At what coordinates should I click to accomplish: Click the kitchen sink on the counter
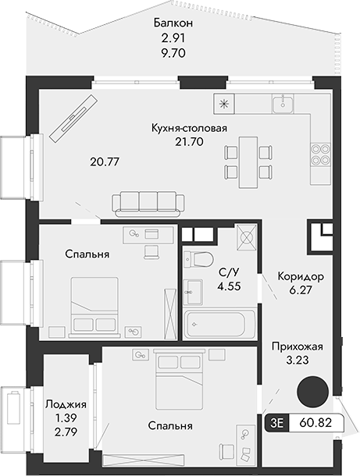pos(282,103)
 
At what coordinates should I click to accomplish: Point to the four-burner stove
pos(319,154)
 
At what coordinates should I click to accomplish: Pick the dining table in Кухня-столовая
pos(247,162)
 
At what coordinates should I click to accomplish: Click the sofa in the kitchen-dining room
pos(149,203)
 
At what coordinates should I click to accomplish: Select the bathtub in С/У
pos(219,323)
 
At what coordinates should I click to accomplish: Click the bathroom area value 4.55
pos(229,286)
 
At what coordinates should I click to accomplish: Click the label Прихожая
pos(297,346)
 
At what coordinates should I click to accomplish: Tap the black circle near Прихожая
pos(315,390)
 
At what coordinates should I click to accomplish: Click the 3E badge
pos(276,422)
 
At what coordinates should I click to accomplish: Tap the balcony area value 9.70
pos(173,53)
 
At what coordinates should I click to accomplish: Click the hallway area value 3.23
pos(297,361)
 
